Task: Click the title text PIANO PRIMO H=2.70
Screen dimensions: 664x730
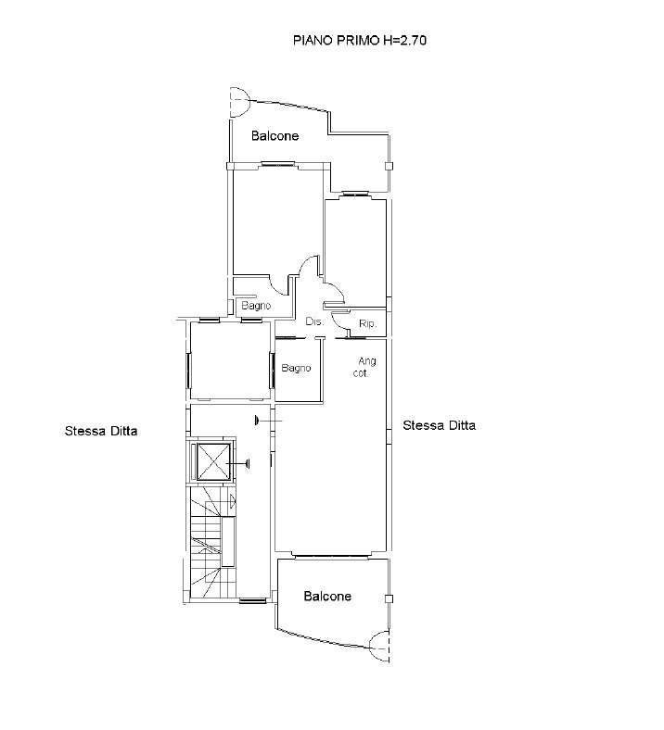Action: click(x=359, y=41)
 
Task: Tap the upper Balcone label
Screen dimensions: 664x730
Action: click(x=275, y=136)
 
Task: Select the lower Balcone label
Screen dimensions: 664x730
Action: click(x=327, y=597)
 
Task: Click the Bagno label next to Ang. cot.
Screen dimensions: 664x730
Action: click(x=296, y=369)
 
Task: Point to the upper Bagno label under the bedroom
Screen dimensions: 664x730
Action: click(x=256, y=306)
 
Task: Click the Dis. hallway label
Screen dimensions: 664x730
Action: click(x=314, y=321)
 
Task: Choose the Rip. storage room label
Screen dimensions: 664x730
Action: click(x=367, y=323)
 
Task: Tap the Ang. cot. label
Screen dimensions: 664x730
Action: click(x=365, y=367)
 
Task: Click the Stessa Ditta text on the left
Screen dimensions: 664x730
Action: click(x=101, y=431)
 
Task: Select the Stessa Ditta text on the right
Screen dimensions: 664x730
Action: click(x=440, y=425)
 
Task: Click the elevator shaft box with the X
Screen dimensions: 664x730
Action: click(x=214, y=462)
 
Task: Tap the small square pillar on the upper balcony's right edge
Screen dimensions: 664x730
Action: click(x=389, y=166)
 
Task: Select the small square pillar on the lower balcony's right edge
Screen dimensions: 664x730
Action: click(x=389, y=598)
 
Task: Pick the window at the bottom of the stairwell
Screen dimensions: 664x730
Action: click(x=253, y=601)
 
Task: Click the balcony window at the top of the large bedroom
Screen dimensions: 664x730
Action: click(x=277, y=163)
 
